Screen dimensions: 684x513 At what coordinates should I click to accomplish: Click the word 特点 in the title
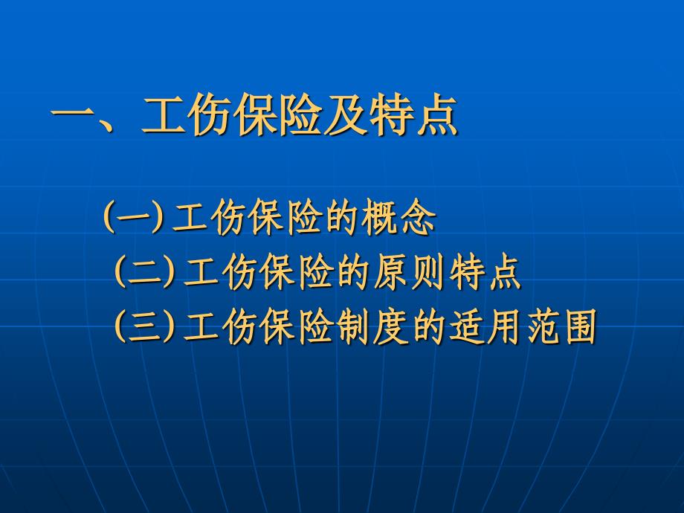pyautogui.click(x=413, y=114)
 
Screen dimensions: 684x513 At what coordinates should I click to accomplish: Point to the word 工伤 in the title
pyautogui.click(x=186, y=114)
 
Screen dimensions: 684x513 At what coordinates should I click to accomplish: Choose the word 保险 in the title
pyautogui.click(x=277, y=114)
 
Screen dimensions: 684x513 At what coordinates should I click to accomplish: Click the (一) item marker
pyautogui.click(x=134, y=216)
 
